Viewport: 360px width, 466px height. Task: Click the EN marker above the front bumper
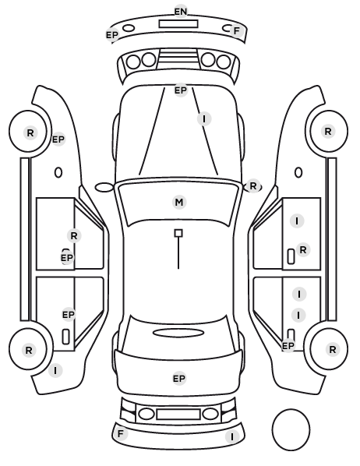coord(181,11)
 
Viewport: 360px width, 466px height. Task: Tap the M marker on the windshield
coord(179,202)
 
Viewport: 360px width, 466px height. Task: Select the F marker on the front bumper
coord(237,30)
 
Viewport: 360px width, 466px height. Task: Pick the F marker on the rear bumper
coord(121,433)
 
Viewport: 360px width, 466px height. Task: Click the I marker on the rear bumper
coord(232,437)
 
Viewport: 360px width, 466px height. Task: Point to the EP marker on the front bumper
coord(112,35)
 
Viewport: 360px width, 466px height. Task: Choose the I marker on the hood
coord(204,119)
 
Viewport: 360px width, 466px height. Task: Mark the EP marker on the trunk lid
coord(179,379)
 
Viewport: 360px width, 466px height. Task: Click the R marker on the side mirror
coord(253,186)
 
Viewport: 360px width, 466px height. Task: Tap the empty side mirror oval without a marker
coord(104,188)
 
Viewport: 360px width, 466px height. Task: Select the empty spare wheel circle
coord(291,429)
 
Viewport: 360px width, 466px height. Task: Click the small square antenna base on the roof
coord(178,233)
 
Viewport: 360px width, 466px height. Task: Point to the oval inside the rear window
coord(178,333)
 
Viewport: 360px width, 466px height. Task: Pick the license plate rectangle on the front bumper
coord(178,24)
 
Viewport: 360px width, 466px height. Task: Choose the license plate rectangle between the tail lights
coord(178,414)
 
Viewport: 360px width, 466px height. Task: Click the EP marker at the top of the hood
coord(181,90)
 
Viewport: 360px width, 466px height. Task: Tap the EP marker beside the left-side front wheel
coord(58,139)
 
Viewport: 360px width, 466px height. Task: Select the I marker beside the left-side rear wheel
coord(55,371)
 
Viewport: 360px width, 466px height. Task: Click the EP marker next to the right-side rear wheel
coord(288,346)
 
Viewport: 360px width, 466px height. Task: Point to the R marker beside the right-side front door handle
coord(303,249)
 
